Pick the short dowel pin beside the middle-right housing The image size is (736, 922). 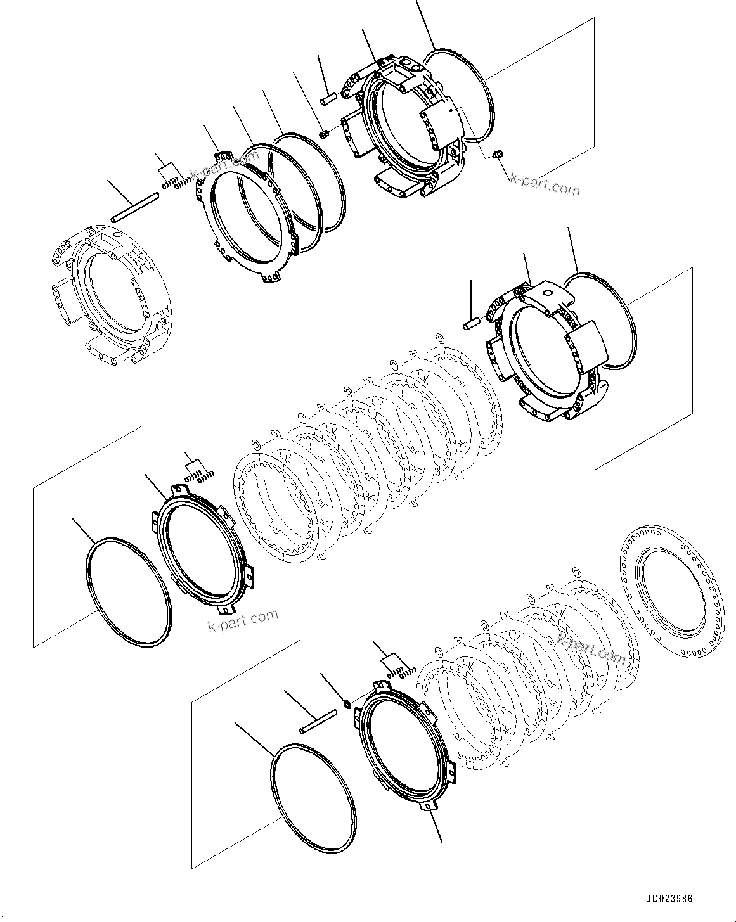pyautogui.click(x=470, y=326)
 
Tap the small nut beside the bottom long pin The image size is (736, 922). pyautogui.click(x=347, y=704)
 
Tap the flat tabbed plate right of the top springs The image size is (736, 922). pyautogui.click(x=247, y=215)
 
